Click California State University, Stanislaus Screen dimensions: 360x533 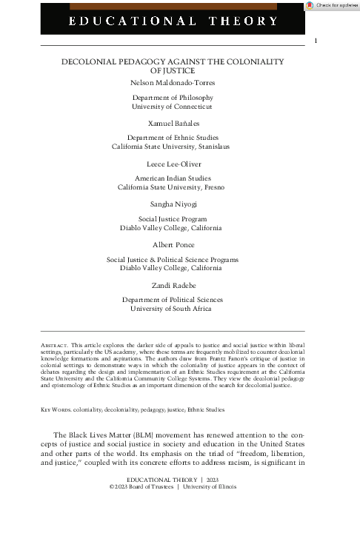click(171, 147)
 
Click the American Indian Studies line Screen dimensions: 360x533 click(171, 179)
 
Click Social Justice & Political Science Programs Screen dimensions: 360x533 click(172, 260)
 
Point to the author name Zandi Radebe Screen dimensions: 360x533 click(171, 284)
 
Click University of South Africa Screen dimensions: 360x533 click(171, 308)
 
